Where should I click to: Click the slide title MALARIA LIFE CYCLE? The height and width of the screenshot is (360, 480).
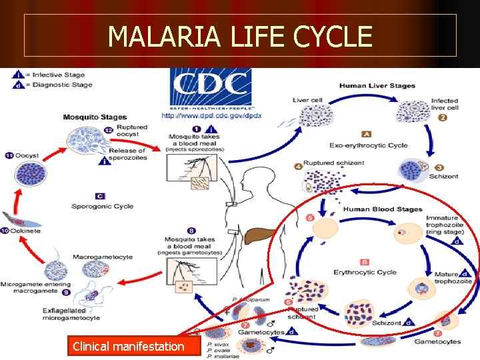(240, 36)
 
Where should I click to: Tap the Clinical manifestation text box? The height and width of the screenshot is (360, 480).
(129, 346)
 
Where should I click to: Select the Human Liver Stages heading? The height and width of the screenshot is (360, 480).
(377, 85)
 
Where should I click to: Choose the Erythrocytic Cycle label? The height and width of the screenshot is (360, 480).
(365, 272)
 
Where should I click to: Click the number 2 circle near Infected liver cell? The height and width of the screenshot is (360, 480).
(442, 118)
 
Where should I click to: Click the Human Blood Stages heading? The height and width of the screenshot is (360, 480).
(383, 209)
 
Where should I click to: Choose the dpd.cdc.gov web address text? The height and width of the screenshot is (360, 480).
(211, 115)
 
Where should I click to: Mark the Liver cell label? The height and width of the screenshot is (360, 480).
(307, 100)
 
